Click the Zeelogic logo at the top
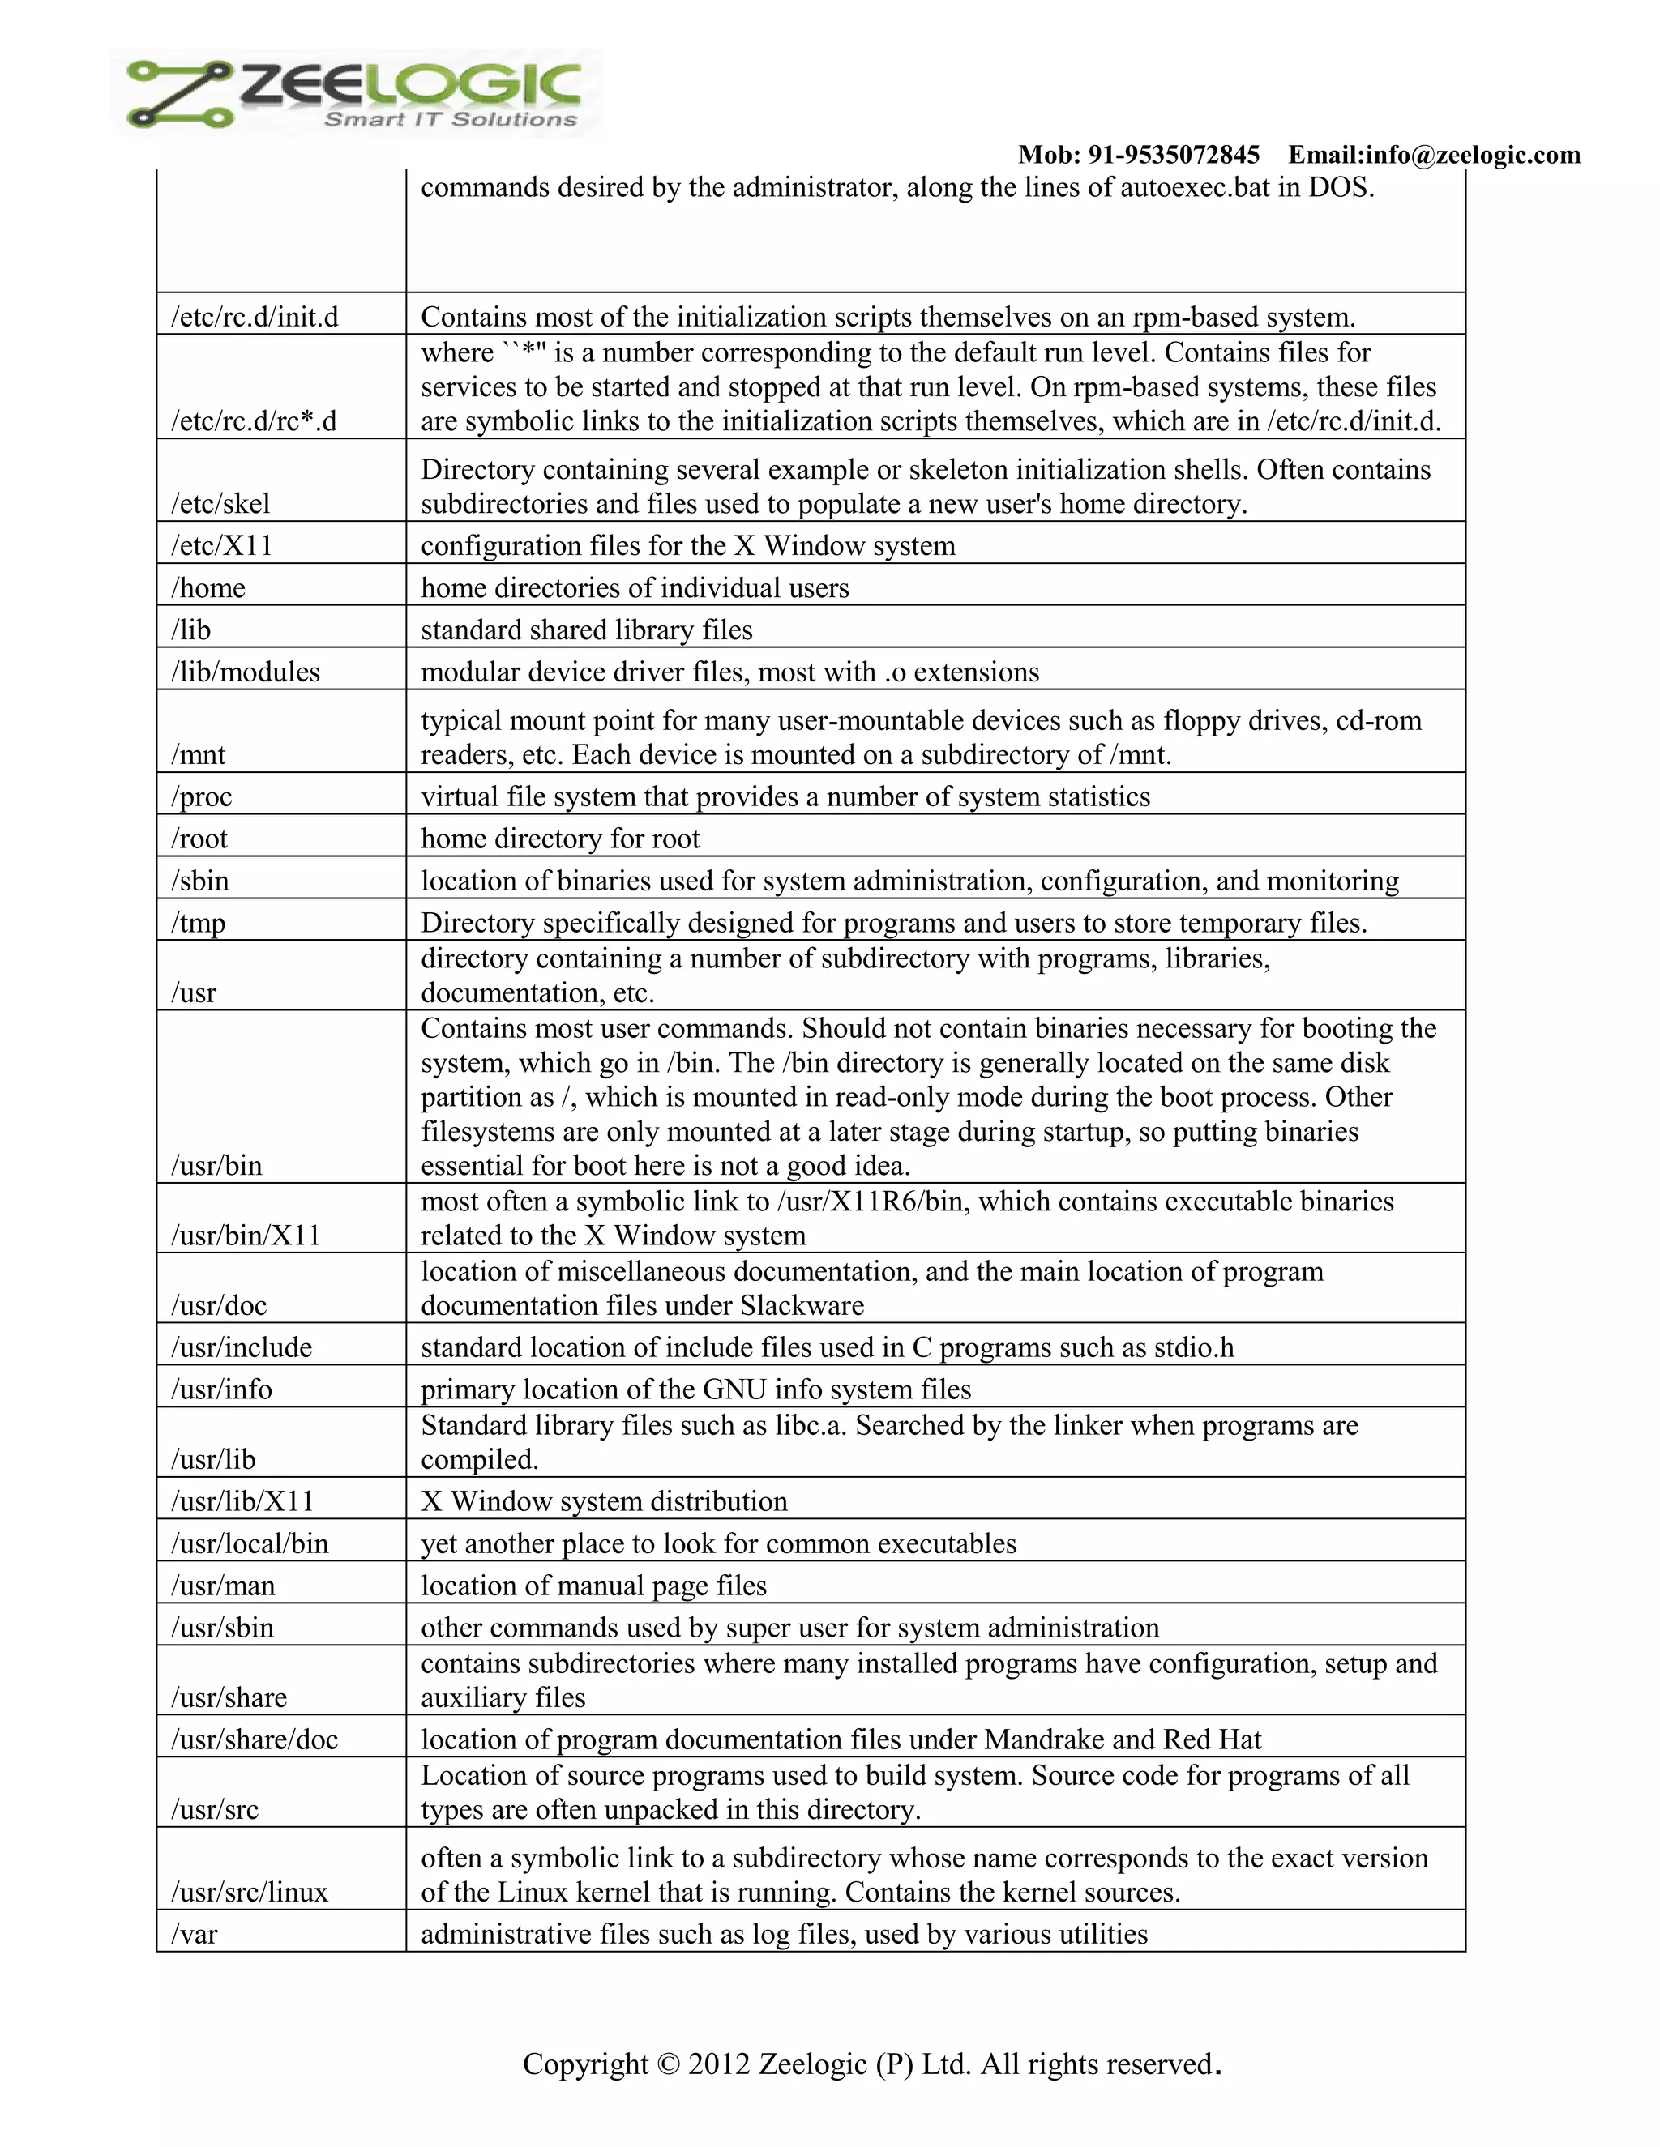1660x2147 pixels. pyautogui.click(x=356, y=93)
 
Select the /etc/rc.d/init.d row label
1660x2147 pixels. pyautogui.click(x=255, y=318)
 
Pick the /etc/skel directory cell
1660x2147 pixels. pyautogui.click(x=220, y=504)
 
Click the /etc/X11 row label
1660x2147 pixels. pyautogui.click(x=221, y=545)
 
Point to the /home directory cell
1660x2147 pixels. pyautogui.click(x=208, y=588)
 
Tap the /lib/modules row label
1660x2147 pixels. pyautogui.click(x=246, y=672)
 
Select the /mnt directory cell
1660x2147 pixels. pyautogui.click(x=199, y=755)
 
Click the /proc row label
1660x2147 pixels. pyautogui.click(x=202, y=797)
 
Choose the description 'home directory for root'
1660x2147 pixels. pyautogui.click(x=561, y=839)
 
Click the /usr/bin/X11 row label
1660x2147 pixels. pyautogui.click(x=246, y=1236)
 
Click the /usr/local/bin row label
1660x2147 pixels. pyautogui.click(x=250, y=1543)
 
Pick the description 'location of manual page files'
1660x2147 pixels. pyautogui.click(x=594, y=1586)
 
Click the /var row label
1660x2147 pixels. pyautogui.click(x=194, y=1935)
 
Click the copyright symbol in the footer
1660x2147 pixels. pyautogui.click(x=668, y=2064)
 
